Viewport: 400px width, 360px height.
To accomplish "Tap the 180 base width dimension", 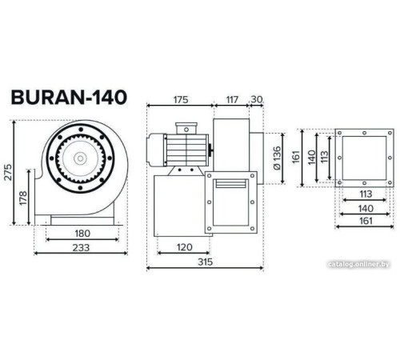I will click(82, 234).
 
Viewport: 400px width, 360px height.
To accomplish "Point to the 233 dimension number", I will click(82, 248).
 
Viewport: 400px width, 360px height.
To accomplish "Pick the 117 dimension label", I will click(231, 100).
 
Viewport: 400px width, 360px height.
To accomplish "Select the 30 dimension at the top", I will click(257, 100).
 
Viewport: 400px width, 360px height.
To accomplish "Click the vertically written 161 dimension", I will click(295, 157).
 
